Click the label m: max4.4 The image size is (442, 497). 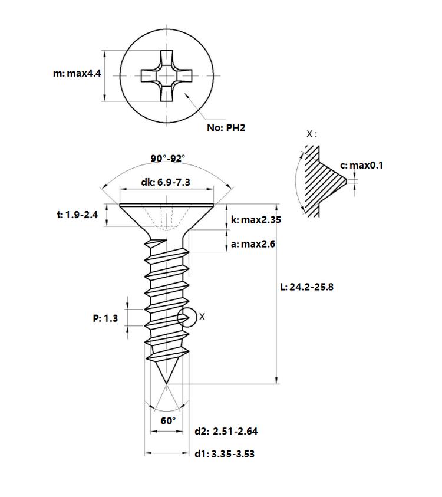tap(77, 74)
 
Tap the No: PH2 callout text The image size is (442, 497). tap(226, 128)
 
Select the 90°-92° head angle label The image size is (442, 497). tap(167, 158)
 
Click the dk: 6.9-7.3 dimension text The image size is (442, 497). tap(166, 182)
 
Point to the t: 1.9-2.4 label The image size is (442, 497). tap(77, 215)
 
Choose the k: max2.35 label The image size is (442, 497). tap(256, 220)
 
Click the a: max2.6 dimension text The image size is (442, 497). tap(253, 244)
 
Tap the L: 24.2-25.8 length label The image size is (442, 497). tap(306, 287)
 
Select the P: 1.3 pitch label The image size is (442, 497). tap(105, 318)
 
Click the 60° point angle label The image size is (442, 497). tap(168, 420)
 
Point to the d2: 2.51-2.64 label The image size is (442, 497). tap(226, 431)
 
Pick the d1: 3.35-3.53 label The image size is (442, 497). tap(225, 454)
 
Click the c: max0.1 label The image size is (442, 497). tap(361, 165)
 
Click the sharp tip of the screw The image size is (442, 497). tap(166, 384)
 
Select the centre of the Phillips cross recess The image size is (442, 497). tap(167, 76)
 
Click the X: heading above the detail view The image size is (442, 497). tap(311, 134)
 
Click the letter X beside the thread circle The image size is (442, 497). tap(202, 317)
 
